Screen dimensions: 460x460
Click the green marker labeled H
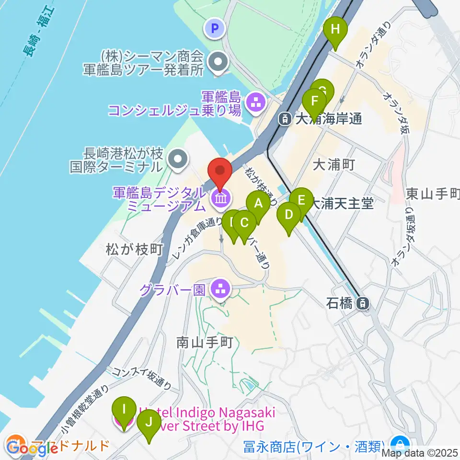(335, 30)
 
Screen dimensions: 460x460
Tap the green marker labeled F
(314, 102)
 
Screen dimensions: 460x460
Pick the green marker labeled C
(244, 223)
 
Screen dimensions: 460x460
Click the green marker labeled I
(124, 410)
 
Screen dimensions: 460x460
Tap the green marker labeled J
(149, 423)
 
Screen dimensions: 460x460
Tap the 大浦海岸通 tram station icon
(285, 118)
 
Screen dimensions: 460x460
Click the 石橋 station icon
(364, 303)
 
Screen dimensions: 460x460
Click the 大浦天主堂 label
(342, 204)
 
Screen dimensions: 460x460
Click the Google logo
(33, 449)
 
